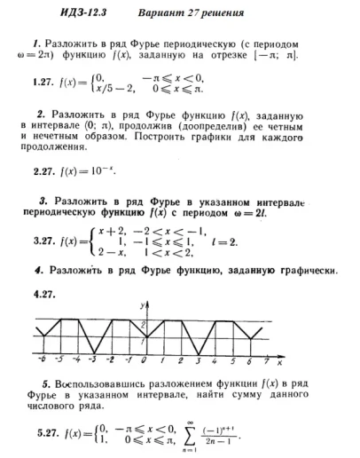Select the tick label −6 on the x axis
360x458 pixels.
pos(42,361)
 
